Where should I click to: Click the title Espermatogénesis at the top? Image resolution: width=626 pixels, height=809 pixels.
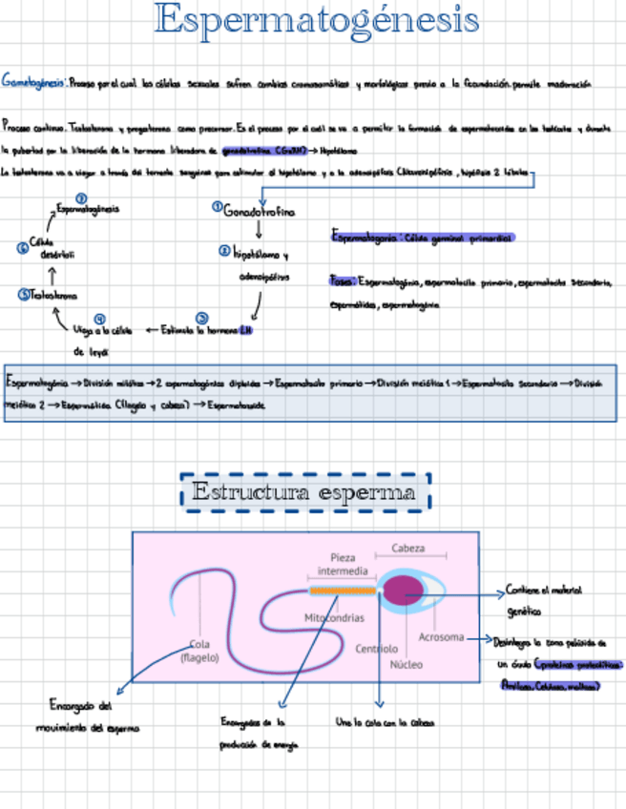click(318, 21)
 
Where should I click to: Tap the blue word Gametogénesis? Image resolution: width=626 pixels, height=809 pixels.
click(34, 83)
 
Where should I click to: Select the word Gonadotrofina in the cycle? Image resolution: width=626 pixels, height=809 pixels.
click(259, 211)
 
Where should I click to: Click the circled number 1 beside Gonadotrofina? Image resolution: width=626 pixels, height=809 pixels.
click(217, 206)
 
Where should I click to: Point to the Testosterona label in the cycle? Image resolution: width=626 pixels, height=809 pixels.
click(53, 296)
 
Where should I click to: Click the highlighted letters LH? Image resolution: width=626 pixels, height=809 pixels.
click(245, 329)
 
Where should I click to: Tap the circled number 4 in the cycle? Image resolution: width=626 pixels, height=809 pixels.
click(99, 319)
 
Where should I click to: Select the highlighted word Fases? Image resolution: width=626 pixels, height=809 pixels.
click(342, 281)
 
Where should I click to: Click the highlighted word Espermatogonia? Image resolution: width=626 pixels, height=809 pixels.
click(365, 236)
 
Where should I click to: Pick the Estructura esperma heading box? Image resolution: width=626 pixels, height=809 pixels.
click(305, 493)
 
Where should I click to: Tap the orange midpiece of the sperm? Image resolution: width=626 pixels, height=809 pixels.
click(341, 591)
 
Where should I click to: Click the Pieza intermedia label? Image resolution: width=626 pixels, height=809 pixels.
click(342, 564)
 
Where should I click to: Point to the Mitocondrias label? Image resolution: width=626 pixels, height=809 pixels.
click(334, 618)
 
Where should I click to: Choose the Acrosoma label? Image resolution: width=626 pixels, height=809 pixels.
click(441, 636)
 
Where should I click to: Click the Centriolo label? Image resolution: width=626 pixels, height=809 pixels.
click(376, 649)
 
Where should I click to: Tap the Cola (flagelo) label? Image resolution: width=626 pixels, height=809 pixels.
click(199, 650)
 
